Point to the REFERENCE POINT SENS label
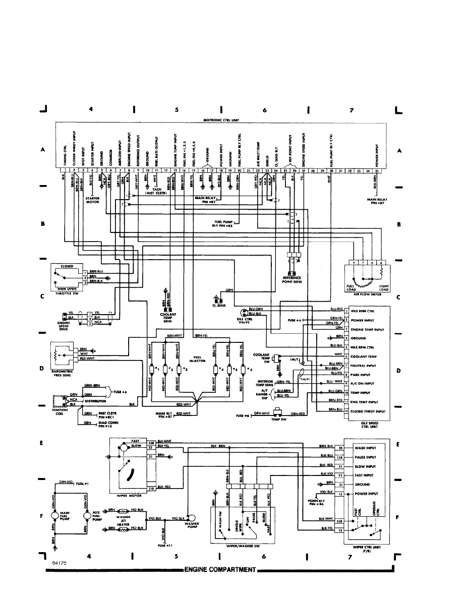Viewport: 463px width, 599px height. click(293, 279)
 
